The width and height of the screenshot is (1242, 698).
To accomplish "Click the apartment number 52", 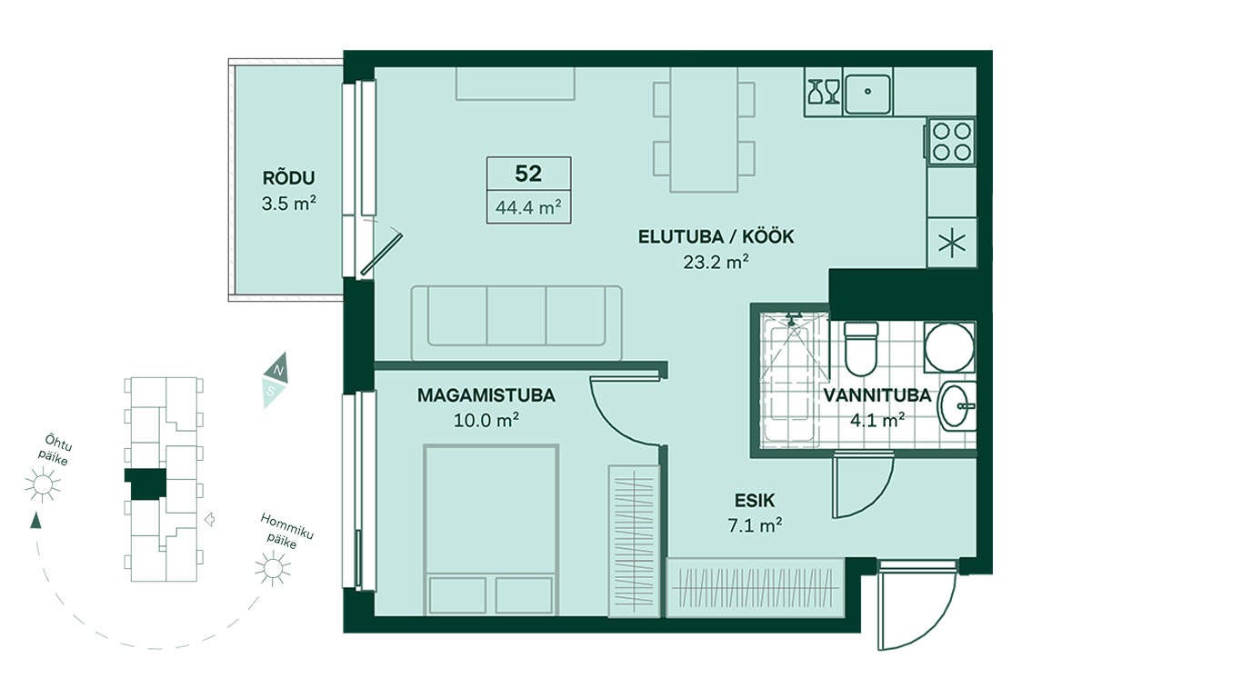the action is [x=528, y=174].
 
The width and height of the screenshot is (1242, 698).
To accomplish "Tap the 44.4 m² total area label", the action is [x=528, y=207].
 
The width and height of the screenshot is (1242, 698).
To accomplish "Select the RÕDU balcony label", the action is [x=288, y=178].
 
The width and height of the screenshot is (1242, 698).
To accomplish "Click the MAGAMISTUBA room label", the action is [x=486, y=395].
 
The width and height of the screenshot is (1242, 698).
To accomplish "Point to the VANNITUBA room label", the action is [x=876, y=395].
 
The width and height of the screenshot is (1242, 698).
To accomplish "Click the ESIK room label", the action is [x=755, y=501].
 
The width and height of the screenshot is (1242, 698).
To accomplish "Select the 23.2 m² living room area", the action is [x=716, y=262].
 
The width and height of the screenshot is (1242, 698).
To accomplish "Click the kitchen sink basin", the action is [x=867, y=92].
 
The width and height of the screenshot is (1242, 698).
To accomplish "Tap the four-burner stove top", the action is [x=951, y=142].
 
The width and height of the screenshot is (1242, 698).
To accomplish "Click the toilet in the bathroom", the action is [x=860, y=349].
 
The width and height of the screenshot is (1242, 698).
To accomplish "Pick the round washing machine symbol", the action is [x=949, y=347].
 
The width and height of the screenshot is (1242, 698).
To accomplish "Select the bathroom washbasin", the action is [x=957, y=406].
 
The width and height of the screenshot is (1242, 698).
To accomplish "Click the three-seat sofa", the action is [x=516, y=324].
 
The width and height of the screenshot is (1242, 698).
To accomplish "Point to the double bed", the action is [x=491, y=530].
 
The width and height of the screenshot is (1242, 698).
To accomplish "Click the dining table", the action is [x=704, y=130].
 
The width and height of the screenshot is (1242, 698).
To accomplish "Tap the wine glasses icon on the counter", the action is [x=824, y=92].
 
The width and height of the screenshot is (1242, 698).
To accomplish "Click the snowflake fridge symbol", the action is [x=951, y=243].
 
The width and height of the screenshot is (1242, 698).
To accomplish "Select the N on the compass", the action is [x=279, y=370].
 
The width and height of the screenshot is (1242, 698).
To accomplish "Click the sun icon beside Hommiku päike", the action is [x=272, y=568].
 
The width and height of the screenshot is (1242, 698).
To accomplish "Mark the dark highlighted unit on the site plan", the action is [x=145, y=484].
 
